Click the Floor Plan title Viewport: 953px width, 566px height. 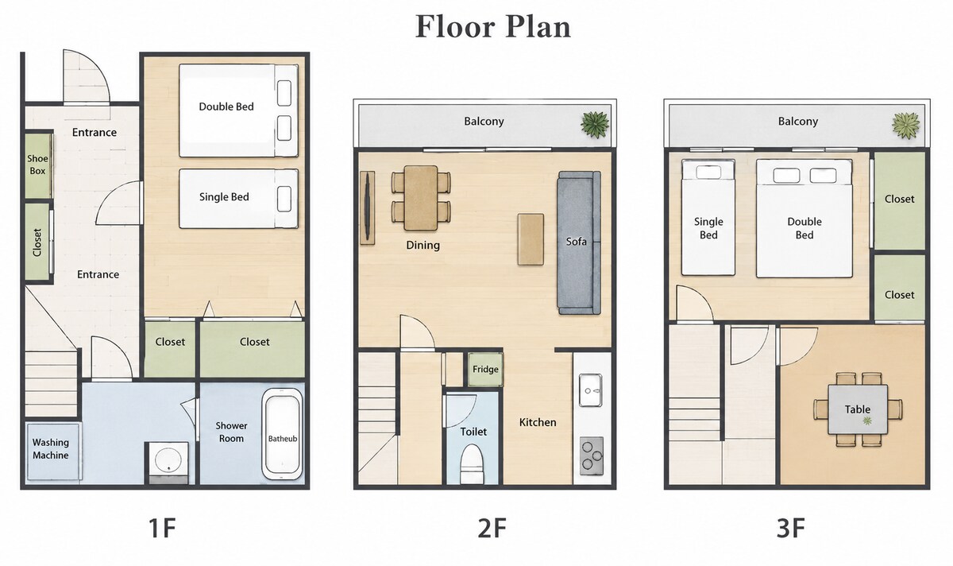[x=492, y=26]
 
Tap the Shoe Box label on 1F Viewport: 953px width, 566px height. [x=37, y=165]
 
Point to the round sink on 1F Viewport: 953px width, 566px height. [x=168, y=459]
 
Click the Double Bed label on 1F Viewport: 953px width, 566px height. [x=226, y=107]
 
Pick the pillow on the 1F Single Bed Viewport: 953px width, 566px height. [x=284, y=199]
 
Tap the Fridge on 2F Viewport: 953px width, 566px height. [x=485, y=369]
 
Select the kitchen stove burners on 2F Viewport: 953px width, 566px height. [x=592, y=456]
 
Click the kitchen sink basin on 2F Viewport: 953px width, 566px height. [x=591, y=390]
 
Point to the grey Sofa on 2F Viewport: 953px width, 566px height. [x=579, y=242]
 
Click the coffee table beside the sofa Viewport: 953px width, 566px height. [x=531, y=239]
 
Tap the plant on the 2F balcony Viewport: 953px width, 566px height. [x=595, y=124]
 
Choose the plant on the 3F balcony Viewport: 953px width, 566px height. [x=906, y=126]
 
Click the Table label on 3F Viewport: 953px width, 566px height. [x=857, y=409]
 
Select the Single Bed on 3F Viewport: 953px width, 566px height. [x=708, y=217]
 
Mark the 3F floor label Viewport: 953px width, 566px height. [x=790, y=528]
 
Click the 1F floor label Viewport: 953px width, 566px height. [x=162, y=528]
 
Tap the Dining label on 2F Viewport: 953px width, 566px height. [x=422, y=245]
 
